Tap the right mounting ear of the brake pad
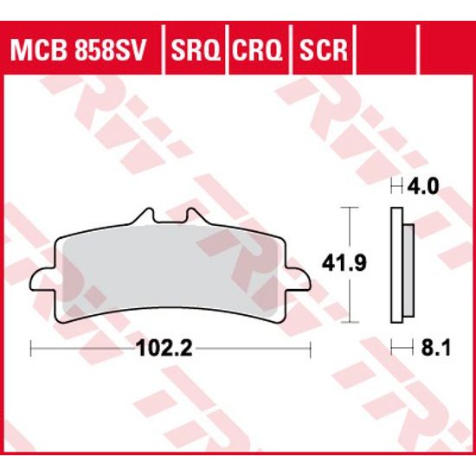coord(300,279)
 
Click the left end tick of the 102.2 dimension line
coord(31,350)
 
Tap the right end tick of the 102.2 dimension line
coord(310,350)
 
